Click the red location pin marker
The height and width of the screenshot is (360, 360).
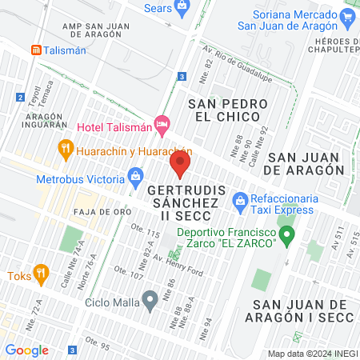coord(179,166)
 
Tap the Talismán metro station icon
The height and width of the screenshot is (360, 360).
coord(36,50)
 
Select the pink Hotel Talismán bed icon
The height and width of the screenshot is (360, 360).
coord(163,123)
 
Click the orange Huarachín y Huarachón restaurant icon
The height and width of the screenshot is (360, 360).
coord(66,148)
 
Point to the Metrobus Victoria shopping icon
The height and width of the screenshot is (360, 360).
coord(135,174)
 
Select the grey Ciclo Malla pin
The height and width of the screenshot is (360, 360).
coord(149,301)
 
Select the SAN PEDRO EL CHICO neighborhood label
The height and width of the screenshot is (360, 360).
coord(225,110)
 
